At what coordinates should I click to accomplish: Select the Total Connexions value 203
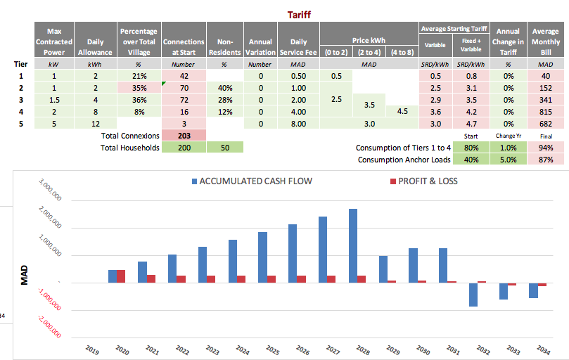[x=183, y=135]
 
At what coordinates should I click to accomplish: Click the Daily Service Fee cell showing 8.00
[x=298, y=124]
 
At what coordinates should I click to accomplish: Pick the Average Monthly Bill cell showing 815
[x=545, y=112]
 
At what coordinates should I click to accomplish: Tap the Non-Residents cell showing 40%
[x=224, y=88]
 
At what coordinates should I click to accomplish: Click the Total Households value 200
[x=183, y=147]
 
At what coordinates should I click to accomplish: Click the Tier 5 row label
[x=21, y=124]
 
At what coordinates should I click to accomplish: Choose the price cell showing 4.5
[x=402, y=112]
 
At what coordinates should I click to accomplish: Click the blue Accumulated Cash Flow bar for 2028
[x=353, y=245]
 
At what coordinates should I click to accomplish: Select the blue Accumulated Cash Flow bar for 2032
[x=473, y=295]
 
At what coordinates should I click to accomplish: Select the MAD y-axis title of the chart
[x=24, y=275]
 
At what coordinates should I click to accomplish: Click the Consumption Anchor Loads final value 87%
[x=546, y=160]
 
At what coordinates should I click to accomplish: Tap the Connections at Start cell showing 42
[x=183, y=76]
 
